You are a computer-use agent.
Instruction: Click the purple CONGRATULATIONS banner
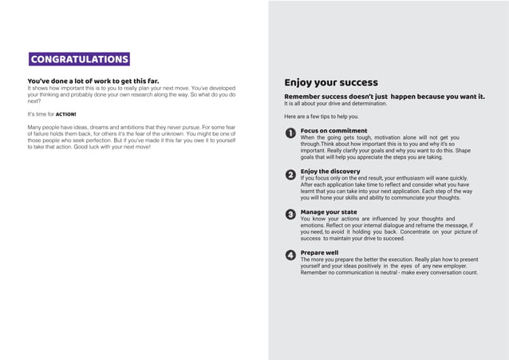tap(79, 59)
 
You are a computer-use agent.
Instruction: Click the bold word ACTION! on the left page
tap(65, 115)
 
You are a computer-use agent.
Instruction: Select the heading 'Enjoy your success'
tap(331, 82)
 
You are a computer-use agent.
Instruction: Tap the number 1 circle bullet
tap(290, 133)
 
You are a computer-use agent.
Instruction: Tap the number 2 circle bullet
tap(290, 174)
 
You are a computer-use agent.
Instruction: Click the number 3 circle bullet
tap(290, 215)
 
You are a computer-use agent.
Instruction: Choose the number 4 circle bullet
tap(290, 255)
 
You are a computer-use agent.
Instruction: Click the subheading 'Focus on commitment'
tap(333, 130)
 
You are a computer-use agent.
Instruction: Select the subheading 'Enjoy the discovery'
tap(330, 171)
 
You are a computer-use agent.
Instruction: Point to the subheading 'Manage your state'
tap(329, 212)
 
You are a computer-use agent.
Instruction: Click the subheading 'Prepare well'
tap(319, 252)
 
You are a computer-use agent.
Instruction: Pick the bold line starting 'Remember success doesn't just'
tap(384, 97)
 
